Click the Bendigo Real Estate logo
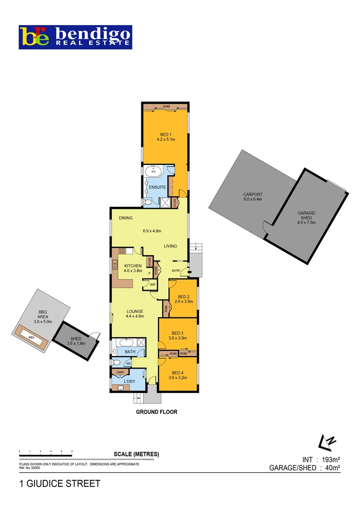75,37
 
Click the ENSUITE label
157,187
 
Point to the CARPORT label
253,194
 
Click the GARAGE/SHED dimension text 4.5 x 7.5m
306,223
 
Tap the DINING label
126,218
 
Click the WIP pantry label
153,285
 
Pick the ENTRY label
176,271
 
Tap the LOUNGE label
134,311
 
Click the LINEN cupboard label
120,372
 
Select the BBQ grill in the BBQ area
32,338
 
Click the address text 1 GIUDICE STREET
59,484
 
